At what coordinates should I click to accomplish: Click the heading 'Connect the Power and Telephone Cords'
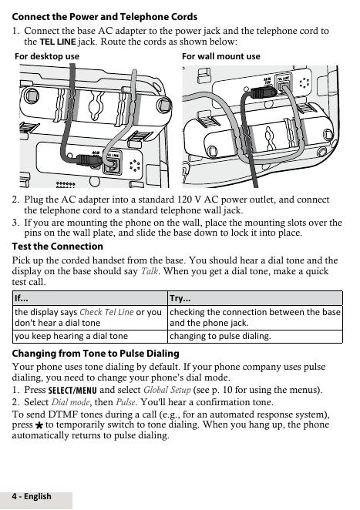point(105,17)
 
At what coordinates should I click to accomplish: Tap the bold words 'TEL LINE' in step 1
point(58,42)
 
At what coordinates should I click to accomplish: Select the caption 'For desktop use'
point(47,56)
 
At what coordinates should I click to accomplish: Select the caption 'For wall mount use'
point(221,56)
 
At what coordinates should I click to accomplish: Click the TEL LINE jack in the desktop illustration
point(113,164)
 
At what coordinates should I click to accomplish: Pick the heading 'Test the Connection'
point(58,247)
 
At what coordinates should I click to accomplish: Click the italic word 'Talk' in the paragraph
point(150,271)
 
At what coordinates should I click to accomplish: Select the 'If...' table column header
point(22,298)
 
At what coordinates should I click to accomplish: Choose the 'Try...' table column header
point(180,298)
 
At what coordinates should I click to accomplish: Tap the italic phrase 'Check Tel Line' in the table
point(106,312)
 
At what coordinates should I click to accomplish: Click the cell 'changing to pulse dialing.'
point(220,336)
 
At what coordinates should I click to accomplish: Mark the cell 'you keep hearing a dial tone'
point(71,336)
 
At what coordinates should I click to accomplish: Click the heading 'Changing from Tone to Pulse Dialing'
point(96,354)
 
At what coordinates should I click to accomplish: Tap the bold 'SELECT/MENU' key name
point(72,390)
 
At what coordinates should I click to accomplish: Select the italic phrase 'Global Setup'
point(167,390)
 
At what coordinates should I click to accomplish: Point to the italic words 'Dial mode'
point(70,402)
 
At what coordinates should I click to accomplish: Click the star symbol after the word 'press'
point(39,425)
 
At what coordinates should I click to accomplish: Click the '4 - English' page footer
point(32,496)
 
